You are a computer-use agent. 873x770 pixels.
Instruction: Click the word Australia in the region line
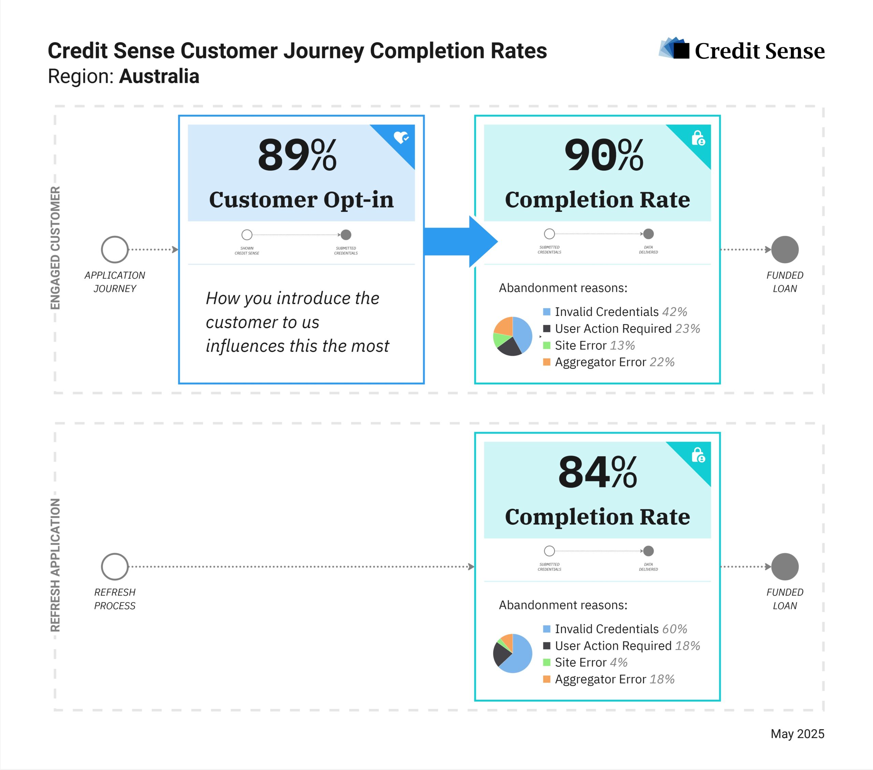click(159, 76)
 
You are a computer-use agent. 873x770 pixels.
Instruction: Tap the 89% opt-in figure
click(297, 155)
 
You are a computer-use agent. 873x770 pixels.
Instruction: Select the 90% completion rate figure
click(604, 155)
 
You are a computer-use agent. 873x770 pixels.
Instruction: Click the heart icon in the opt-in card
click(401, 137)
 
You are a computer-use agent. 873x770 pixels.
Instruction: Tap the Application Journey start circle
click(115, 249)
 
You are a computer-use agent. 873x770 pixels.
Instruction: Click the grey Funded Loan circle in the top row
click(785, 249)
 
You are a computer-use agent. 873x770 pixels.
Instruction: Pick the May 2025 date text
click(797, 734)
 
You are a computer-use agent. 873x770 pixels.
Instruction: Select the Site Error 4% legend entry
click(585, 662)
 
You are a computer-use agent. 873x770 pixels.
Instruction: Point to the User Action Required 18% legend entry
click(621, 646)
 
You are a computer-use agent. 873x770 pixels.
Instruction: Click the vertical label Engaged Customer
click(55, 248)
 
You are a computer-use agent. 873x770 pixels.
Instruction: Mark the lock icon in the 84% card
click(698, 455)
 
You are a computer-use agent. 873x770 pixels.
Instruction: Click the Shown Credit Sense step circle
click(247, 235)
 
